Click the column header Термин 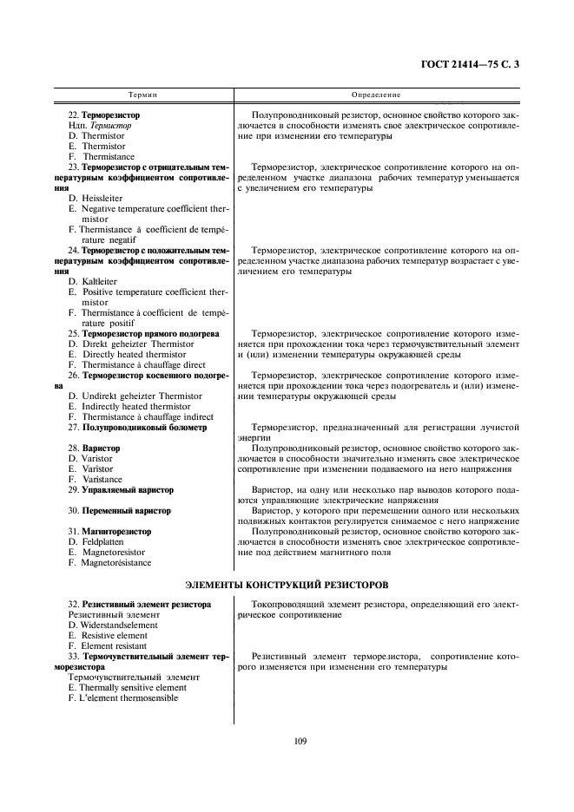[x=143, y=94]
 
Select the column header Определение [x=375, y=94]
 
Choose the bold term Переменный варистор [x=125, y=511]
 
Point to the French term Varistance [x=102, y=480]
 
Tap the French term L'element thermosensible [x=129, y=698]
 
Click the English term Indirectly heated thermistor [x=135, y=407]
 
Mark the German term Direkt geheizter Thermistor [x=136, y=344]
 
